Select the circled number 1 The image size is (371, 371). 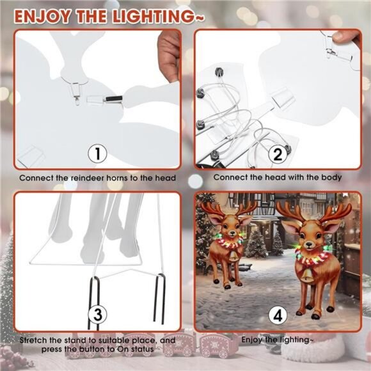coord(97,154)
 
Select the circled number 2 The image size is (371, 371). coord(277,154)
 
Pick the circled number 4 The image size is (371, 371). coord(277,315)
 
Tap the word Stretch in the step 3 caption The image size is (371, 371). coord(33,340)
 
